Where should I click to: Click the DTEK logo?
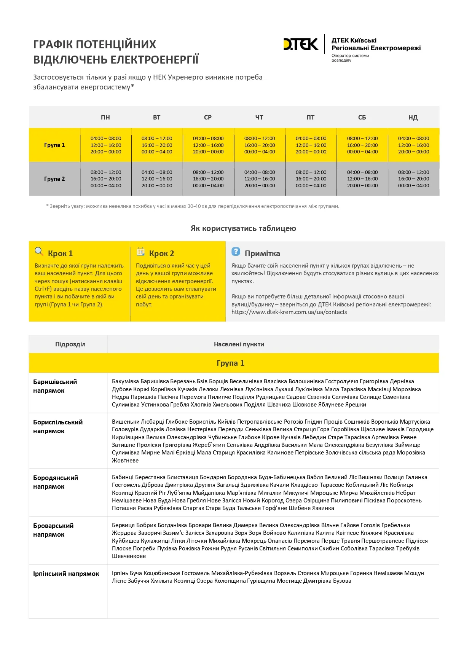301,44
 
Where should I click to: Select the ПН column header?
105,117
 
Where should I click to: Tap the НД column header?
413,117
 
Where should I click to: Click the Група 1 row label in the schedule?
54,145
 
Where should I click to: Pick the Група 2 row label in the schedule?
54,179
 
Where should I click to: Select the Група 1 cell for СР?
208,145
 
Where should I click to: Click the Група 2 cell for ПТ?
311,179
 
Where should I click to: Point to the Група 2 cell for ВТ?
157,179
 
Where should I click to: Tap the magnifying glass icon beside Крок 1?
39,251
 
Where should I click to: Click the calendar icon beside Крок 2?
140,251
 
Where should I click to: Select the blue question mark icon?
236,251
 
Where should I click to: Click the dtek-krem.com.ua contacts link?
289,312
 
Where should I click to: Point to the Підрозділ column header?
70,344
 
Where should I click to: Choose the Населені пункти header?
239,344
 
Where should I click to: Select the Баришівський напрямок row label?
55,386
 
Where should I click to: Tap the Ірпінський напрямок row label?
66,574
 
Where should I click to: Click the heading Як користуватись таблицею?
243,228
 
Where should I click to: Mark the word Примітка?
262,253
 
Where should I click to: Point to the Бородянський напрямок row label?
56,482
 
